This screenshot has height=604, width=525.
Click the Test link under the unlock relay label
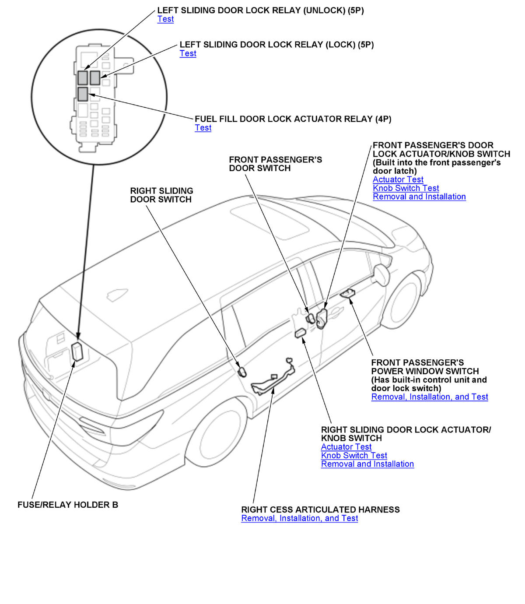pos(165,19)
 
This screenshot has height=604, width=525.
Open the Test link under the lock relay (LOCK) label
pos(188,53)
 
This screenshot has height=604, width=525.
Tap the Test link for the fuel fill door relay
pos(203,128)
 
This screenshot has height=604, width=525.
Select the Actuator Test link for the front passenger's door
pos(398,179)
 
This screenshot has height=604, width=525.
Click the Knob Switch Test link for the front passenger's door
pos(406,188)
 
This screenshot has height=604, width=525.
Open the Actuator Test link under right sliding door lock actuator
pos(346,447)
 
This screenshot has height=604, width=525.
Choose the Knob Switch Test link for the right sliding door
pos(354,456)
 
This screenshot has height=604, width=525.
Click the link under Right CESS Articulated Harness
pos(299,518)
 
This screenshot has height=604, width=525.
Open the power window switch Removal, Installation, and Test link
pos(429,397)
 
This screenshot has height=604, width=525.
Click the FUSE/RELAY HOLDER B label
pos(68,505)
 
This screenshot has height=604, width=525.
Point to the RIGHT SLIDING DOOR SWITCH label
pos(161,195)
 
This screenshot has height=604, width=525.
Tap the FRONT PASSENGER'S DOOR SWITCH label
pos(275,164)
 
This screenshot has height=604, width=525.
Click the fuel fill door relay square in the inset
pos(83,93)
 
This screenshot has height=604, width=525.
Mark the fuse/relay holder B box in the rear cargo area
pos(77,351)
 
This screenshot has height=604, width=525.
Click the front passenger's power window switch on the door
pos(348,293)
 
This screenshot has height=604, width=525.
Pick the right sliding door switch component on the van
pos(242,372)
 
